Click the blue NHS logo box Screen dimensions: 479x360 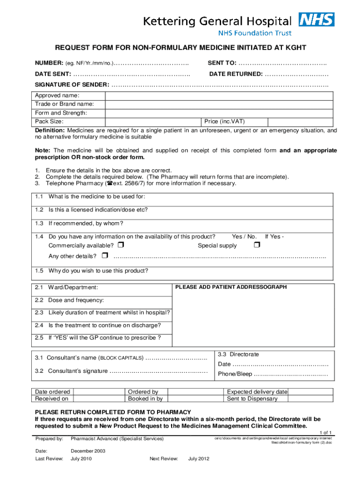click(x=317, y=19)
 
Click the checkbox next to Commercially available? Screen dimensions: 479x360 click(x=121, y=245)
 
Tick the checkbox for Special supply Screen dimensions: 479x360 click(x=256, y=245)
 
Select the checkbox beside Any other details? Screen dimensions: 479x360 click(x=104, y=255)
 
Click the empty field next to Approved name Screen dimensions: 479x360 click(x=219, y=95)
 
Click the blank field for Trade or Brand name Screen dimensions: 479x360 click(x=219, y=104)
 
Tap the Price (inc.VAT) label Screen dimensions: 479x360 click(x=224, y=122)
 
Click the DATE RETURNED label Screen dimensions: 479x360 click(x=236, y=74)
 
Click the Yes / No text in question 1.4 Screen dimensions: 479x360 click(x=244, y=236)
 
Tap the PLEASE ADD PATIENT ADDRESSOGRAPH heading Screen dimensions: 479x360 click(x=231, y=287)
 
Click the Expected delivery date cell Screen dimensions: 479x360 click(x=257, y=392)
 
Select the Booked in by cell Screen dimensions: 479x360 click(x=145, y=399)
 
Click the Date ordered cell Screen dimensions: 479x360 click(x=52, y=392)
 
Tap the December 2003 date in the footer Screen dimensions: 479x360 click(x=88, y=450)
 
